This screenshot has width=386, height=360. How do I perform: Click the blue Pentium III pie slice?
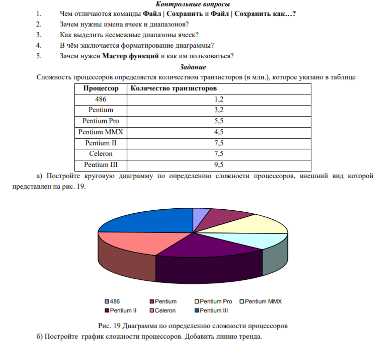[x=151, y=220]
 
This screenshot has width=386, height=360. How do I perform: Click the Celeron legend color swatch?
[x=152, y=311]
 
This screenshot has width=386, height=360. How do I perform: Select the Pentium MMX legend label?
[x=263, y=302]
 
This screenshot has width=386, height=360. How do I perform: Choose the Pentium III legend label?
[x=214, y=311]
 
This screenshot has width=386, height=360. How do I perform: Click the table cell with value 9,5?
[x=219, y=165]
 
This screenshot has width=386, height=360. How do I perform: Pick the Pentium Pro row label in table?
[x=101, y=121]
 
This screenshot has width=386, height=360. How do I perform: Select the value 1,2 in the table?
[x=219, y=99]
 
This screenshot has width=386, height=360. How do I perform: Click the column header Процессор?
[x=101, y=89]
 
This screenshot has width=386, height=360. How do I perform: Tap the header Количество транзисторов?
[x=173, y=89]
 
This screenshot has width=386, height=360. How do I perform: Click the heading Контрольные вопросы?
[x=193, y=4]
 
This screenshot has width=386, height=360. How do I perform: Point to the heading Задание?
[x=193, y=67]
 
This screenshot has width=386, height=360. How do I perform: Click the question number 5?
[x=39, y=56]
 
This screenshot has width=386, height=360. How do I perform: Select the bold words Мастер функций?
[x=130, y=56]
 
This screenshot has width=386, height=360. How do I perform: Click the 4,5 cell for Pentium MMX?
[x=219, y=132]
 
